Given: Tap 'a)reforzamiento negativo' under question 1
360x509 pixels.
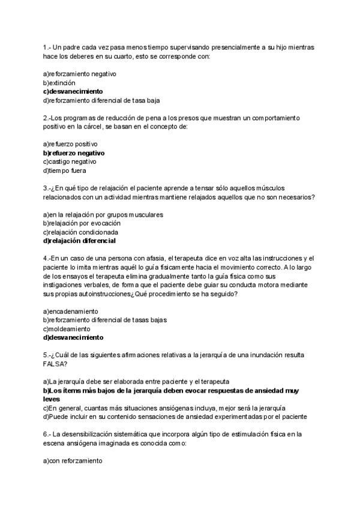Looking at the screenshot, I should pos(79,74).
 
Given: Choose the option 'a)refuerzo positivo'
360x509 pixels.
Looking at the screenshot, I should pos(70,144).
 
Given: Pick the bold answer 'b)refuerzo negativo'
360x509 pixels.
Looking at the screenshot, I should pos(74,153).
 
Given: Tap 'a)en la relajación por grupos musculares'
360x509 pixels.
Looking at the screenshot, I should pos(103,214).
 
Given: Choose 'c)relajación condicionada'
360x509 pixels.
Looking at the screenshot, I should pos(80,232).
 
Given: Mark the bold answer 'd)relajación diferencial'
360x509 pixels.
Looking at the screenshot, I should pos(79,241).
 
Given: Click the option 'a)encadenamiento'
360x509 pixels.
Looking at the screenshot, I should pos(70,311).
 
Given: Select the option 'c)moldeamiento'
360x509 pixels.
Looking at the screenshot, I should pos(66,328).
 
